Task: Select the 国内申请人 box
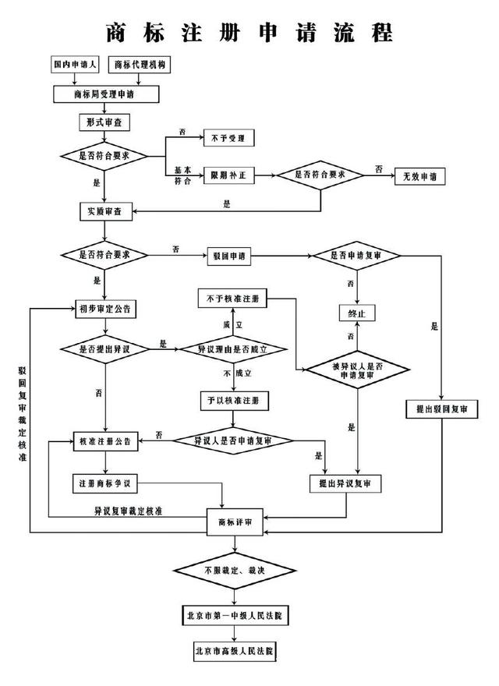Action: [76, 65]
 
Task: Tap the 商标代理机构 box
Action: [141, 65]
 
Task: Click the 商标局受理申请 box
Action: [106, 94]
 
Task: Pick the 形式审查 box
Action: [104, 123]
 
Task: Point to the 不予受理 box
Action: [229, 138]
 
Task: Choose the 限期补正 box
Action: [229, 176]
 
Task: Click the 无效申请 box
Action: [419, 176]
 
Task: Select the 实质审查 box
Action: [106, 211]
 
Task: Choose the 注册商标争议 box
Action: [106, 484]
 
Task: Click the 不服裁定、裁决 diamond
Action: [235, 570]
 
